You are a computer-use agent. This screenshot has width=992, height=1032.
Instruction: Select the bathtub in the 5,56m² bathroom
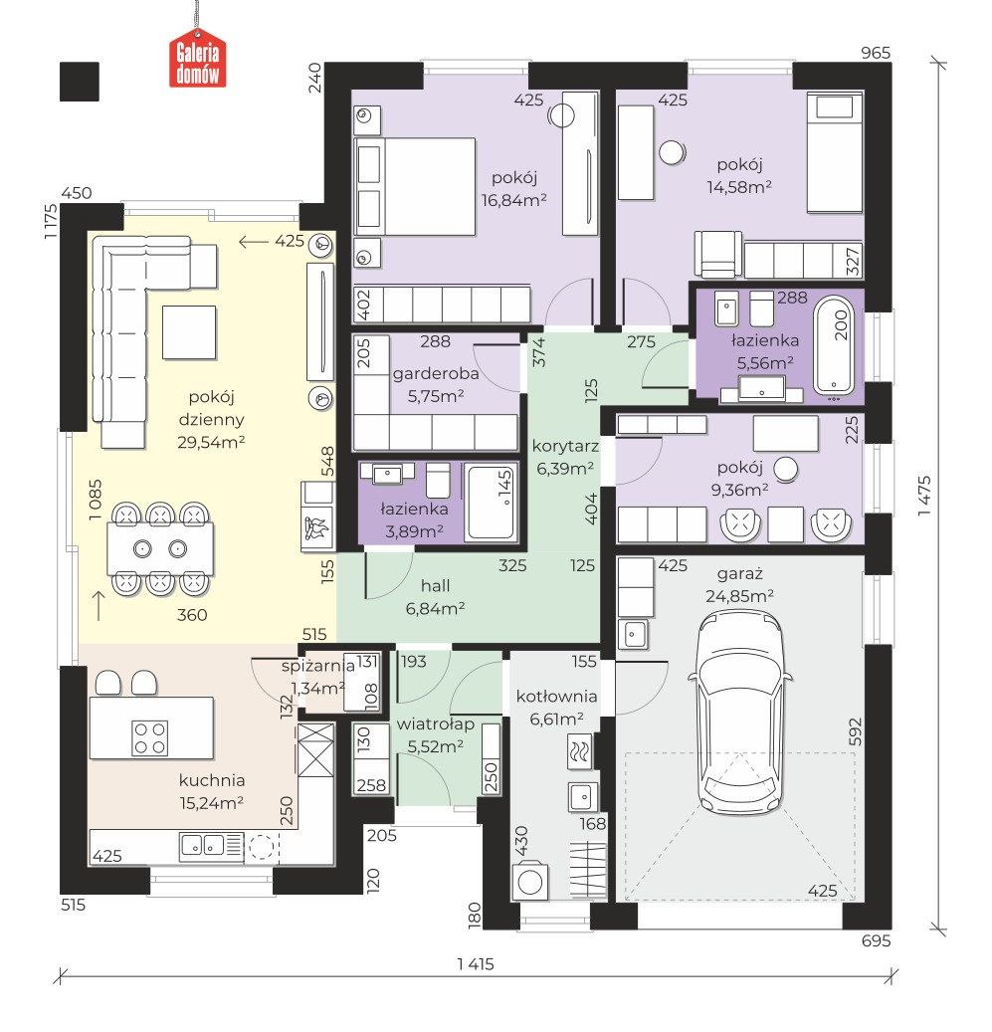click(x=834, y=347)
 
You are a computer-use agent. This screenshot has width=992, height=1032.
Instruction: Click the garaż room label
click(x=740, y=574)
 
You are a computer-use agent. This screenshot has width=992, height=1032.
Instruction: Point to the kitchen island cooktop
click(x=150, y=737)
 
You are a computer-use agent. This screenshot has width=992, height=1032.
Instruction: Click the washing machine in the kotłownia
click(x=530, y=882)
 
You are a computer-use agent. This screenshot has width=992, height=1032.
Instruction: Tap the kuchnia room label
click(x=212, y=780)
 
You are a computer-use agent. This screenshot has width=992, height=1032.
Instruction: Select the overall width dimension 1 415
click(x=476, y=964)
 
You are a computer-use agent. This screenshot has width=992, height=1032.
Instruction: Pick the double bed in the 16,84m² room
click(x=415, y=186)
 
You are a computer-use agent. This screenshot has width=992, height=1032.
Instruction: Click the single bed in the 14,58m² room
click(x=835, y=152)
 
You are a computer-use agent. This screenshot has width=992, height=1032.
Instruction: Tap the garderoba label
click(x=436, y=374)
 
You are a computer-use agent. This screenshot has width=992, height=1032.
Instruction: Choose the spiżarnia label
click(x=317, y=666)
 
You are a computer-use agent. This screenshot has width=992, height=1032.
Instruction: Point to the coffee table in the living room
click(x=189, y=332)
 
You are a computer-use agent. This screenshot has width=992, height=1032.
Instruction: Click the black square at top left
click(x=80, y=82)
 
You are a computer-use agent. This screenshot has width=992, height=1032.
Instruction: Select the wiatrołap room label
click(x=436, y=723)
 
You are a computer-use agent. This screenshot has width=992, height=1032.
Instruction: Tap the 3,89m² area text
click(x=415, y=530)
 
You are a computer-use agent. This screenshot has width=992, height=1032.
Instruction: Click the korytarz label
click(x=566, y=446)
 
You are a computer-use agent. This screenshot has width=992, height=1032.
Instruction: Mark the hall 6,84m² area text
click(x=436, y=608)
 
